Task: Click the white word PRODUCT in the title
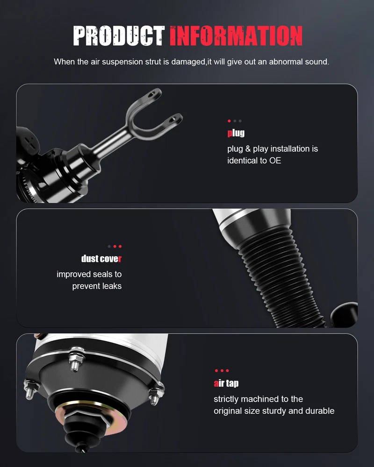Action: tap(119, 36)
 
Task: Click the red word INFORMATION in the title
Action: tap(236, 36)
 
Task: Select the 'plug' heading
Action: tap(236, 133)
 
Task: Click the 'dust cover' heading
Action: tap(101, 259)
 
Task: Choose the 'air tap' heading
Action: tap(226, 383)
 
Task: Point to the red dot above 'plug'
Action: tap(229, 121)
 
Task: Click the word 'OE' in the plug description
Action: tap(275, 161)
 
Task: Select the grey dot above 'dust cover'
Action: tap(109, 246)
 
